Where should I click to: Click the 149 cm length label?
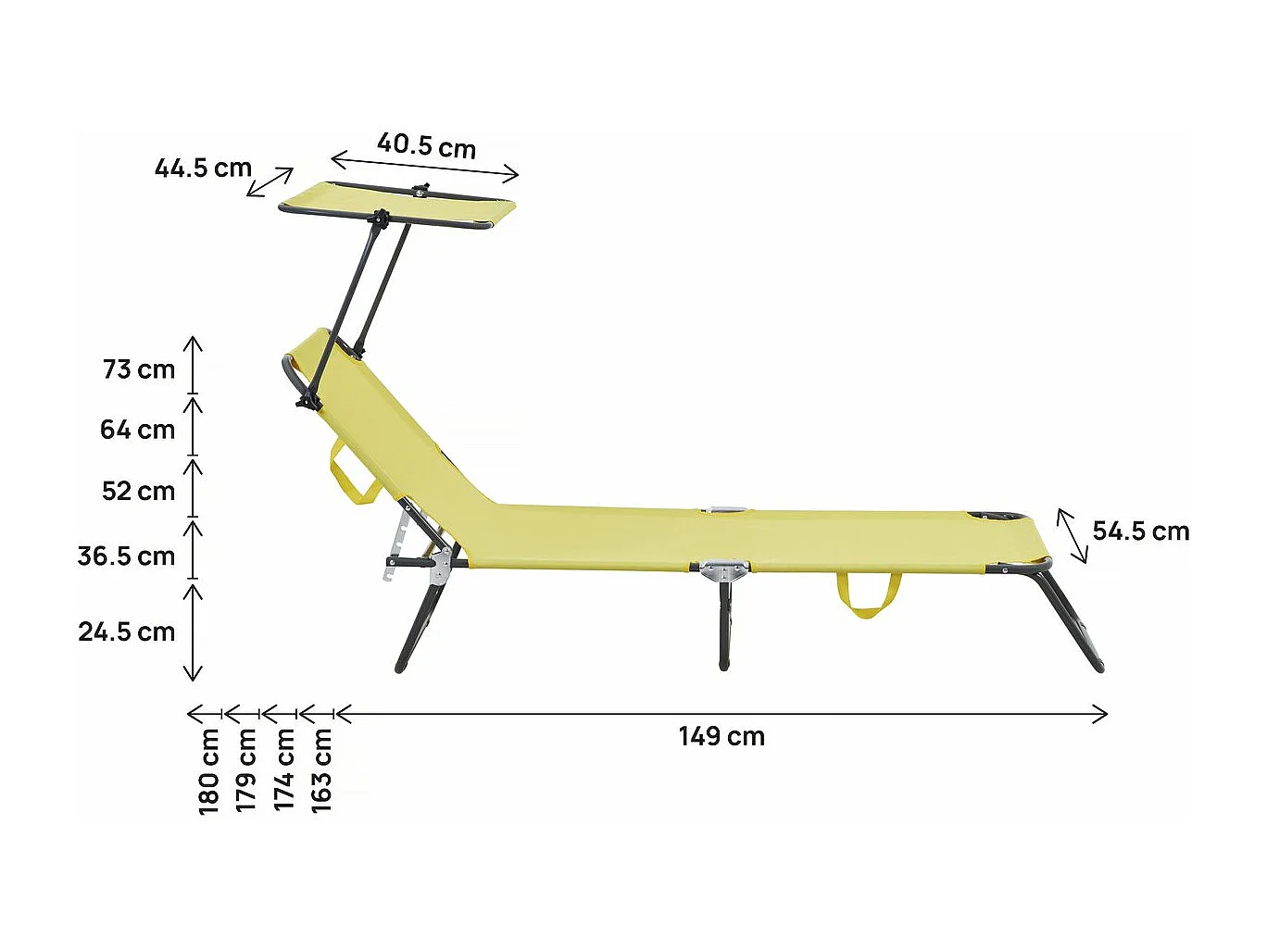[x=721, y=737]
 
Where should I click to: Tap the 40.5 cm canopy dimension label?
[x=426, y=146]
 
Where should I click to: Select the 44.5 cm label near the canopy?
[x=203, y=169]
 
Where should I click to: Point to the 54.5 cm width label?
[x=1140, y=531]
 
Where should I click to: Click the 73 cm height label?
[x=139, y=370]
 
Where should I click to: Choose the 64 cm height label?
[x=137, y=431]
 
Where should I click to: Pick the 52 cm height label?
[x=138, y=492]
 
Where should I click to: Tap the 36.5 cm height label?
[x=126, y=556]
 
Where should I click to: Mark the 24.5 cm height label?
[x=126, y=632]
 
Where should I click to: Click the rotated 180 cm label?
[x=209, y=771]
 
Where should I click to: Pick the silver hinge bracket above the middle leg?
[x=724, y=569]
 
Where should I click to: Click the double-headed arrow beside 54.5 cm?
[x=1073, y=535]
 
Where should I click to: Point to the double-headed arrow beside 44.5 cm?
[x=270, y=182]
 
